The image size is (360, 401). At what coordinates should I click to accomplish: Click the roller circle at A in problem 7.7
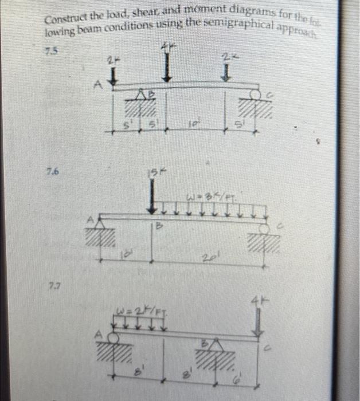click(114, 339)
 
